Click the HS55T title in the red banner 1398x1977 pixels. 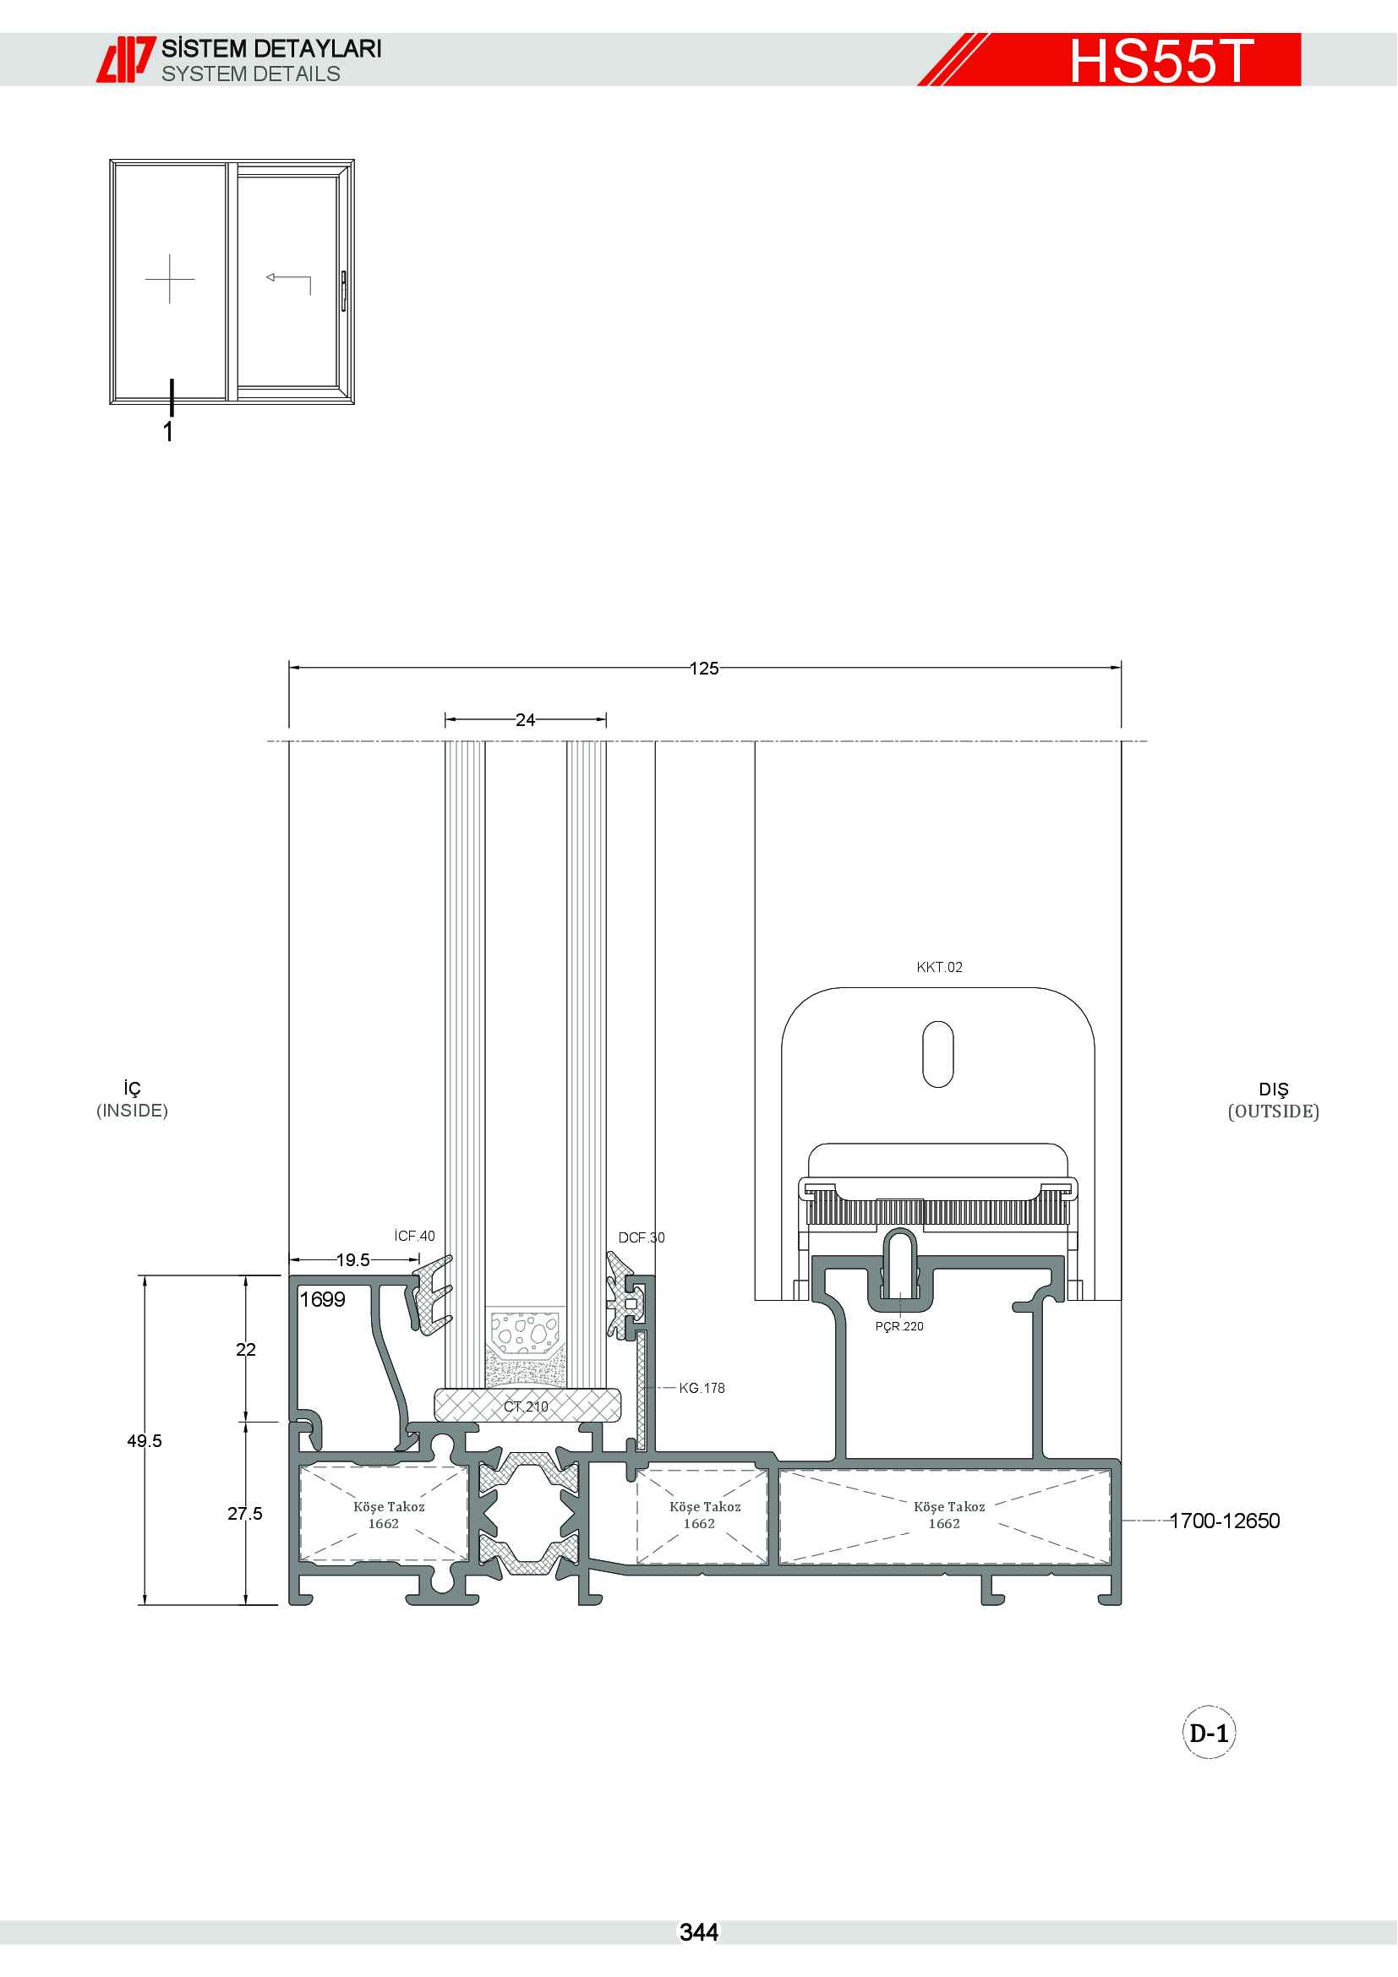1161,61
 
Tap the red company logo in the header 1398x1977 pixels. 126,59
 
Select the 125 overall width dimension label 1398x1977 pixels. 704,669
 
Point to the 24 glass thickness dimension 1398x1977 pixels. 525,720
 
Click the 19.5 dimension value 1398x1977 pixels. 353,1259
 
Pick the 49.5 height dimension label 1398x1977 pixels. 145,1440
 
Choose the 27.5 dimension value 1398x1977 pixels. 245,1513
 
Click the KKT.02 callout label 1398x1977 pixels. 939,967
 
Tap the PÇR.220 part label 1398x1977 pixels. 899,1326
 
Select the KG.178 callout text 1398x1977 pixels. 702,1388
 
